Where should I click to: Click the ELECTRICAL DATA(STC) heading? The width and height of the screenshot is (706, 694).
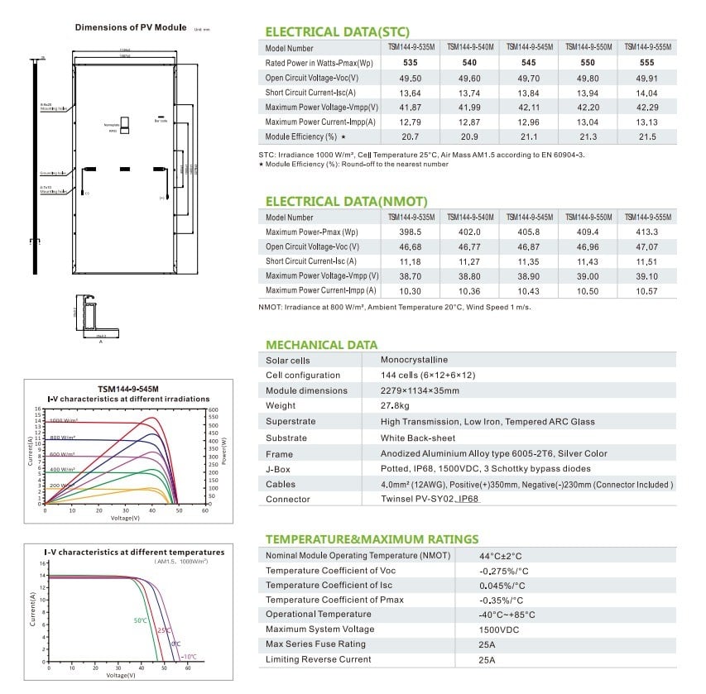click(336, 31)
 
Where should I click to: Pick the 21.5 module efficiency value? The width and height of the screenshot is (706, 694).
click(646, 136)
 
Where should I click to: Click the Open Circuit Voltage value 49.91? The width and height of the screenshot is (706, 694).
click(646, 78)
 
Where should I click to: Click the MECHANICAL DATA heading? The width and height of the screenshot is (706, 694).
click(321, 345)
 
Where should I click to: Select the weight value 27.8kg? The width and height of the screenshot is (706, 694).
click(396, 406)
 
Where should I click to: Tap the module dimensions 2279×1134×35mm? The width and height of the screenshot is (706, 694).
click(420, 390)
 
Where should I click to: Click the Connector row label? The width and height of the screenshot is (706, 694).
click(287, 500)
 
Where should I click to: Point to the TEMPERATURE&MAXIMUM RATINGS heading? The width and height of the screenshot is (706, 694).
click(372, 539)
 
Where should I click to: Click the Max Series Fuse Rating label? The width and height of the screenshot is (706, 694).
click(315, 644)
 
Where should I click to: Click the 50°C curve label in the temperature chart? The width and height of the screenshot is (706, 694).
click(140, 620)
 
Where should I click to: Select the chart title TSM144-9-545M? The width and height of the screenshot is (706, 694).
click(128, 388)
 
